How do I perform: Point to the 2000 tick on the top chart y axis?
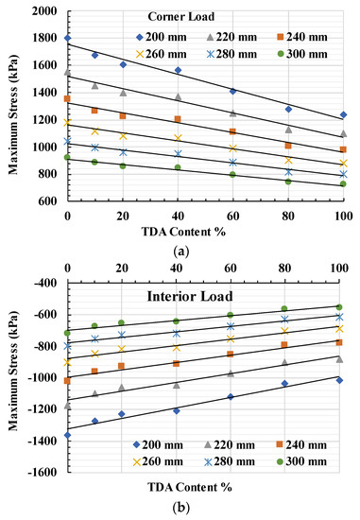pyautogui.click(x=46, y=10)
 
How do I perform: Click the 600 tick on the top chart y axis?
pyautogui.click(x=51, y=202)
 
